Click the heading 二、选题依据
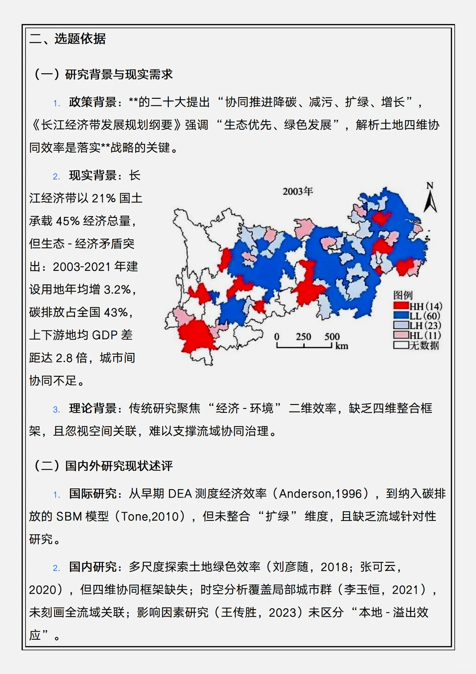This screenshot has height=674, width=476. pyautogui.click(x=67, y=39)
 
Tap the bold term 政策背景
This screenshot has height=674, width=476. pyautogui.click(x=93, y=102)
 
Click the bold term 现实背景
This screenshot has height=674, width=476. pyautogui.click(x=93, y=176)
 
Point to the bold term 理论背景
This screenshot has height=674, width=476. pyautogui.click(x=93, y=408)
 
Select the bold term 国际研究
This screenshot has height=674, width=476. pyautogui.click(x=93, y=494)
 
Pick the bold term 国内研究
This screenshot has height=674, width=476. pyautogui.click(x=93, y=567)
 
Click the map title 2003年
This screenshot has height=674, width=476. pyautogui.click(x=297, y=191)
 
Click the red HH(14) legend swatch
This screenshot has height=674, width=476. pyautogui.click(x=401, y=306)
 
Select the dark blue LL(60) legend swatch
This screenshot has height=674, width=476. pyautogui.click(x=401, y=315)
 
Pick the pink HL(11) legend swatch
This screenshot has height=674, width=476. pyautogui.click(x=401, y=335)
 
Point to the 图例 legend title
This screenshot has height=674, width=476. pyautogui.click(x=403, y=295)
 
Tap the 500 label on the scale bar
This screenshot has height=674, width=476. pyautogui.click(x=332, y=337)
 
